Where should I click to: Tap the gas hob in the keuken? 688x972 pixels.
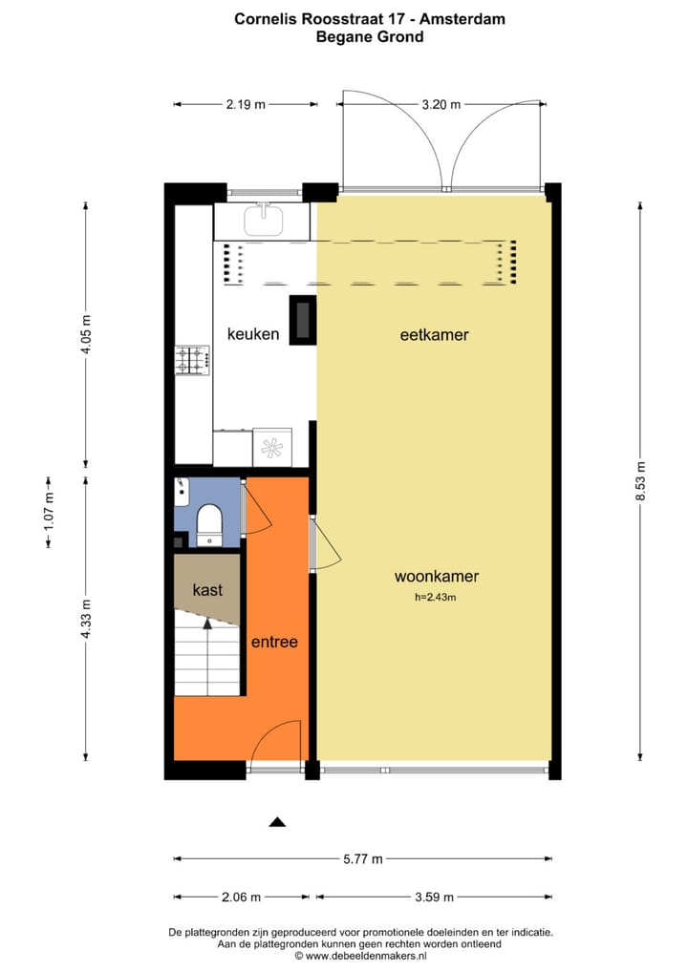[192, 360]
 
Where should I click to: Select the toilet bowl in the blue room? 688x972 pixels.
[208, 523]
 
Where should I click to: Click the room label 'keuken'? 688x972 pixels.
[253, 334]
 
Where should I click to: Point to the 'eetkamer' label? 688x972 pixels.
[434, 335]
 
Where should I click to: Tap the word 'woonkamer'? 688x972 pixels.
[436, 577]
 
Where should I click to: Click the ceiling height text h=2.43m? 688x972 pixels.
[436, 598]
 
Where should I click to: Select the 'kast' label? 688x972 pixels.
[207, 591]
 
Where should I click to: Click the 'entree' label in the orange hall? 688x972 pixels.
[274, 642]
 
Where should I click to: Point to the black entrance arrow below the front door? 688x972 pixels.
[277, 821]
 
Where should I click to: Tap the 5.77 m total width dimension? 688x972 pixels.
[362, 858]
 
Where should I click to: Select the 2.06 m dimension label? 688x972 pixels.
[241, 897]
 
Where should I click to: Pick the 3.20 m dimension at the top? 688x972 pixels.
[441, 104]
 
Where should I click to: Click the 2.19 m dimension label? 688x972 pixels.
[246, 104]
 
